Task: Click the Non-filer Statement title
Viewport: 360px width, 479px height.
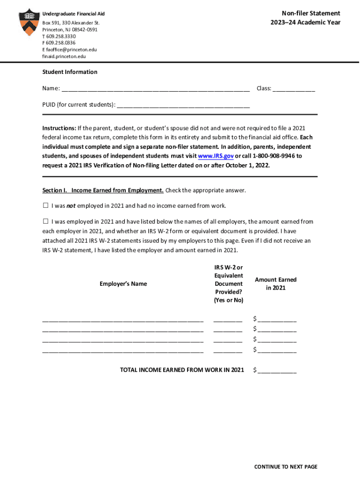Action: [x=310, y=13]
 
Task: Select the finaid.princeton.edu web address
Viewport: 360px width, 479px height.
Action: [x=64, y=56]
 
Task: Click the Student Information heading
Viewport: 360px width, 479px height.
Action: [x=70, y=72]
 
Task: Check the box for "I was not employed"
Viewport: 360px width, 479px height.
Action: [x=46, y=206]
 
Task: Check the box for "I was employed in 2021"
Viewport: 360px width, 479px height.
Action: [x=46, y=222]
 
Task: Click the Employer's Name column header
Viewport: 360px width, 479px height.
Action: [x=123, y=284]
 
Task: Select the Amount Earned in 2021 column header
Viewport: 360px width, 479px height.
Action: [x=275, y=283]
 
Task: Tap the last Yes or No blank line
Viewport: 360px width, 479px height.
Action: [x=228, y=350]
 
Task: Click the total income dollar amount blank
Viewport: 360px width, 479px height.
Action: [x=277, y=371]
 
